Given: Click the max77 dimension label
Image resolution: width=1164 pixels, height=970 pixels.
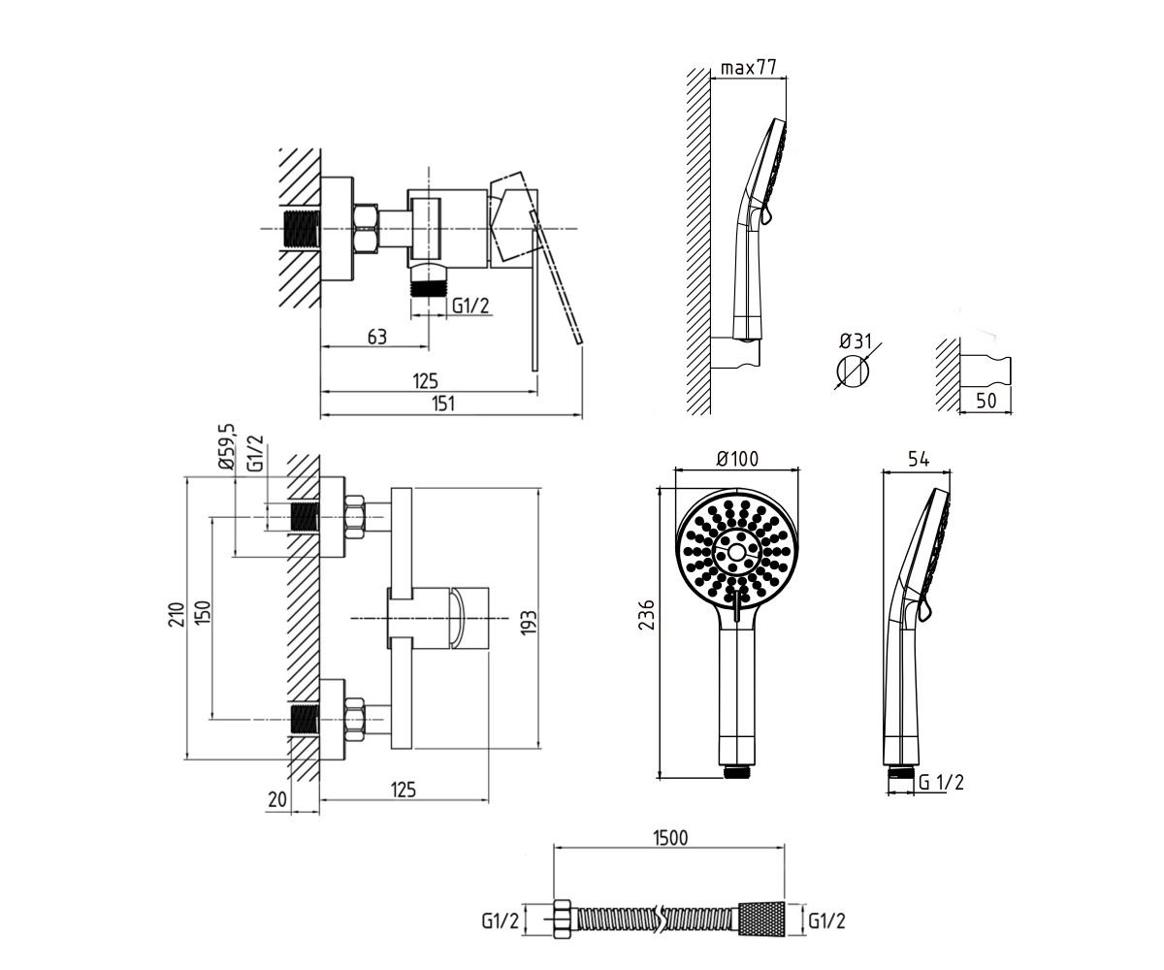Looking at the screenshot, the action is click(748, 68).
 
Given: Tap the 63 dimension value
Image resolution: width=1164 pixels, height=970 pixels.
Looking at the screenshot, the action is click(377, 338).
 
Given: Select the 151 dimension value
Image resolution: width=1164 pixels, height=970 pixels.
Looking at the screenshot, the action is click(442, 404).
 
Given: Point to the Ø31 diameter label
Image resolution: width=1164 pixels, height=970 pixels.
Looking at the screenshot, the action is click(856, 340).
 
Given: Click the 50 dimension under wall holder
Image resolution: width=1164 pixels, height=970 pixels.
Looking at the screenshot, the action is click(986, 401).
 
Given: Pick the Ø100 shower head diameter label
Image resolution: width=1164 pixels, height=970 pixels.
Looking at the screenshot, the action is click(737, 458).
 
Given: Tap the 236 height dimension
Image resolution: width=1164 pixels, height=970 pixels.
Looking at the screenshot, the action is click(647, 615).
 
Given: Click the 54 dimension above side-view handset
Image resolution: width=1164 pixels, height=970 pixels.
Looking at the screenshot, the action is click(919, 459).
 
